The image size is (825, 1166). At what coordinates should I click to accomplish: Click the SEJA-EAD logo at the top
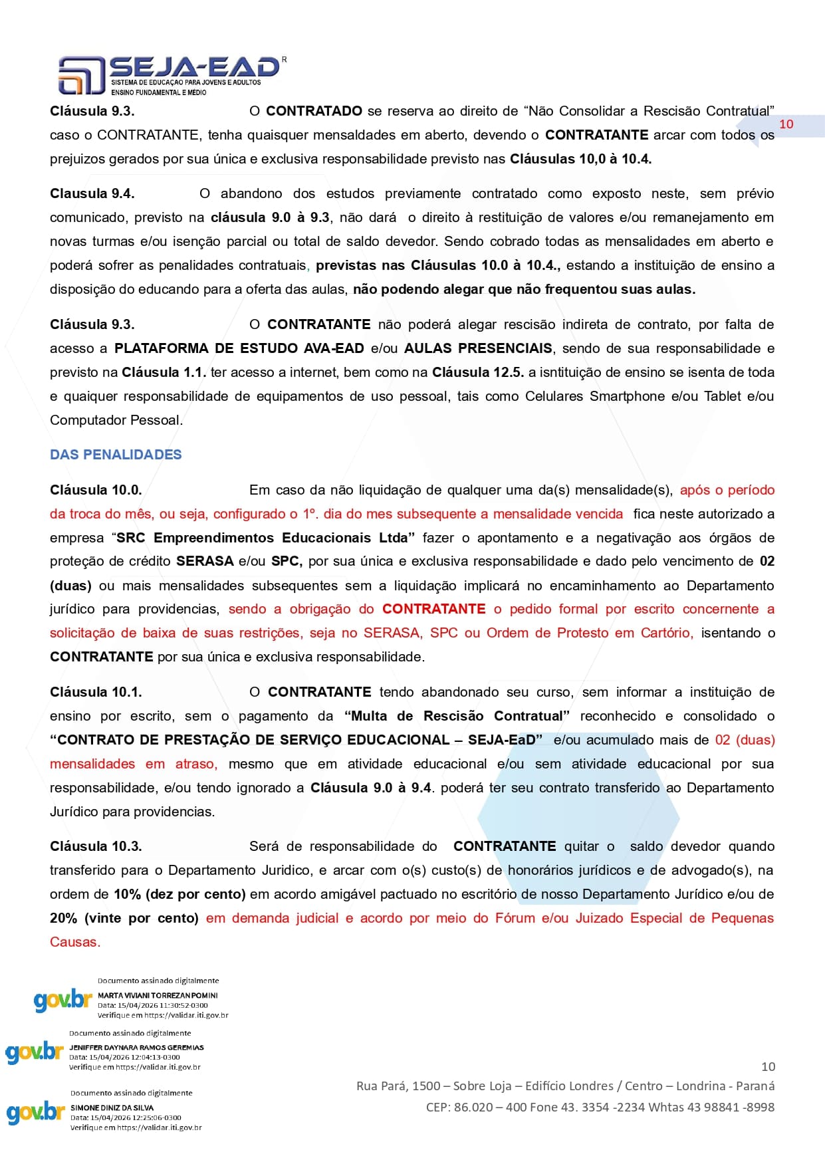(x=169, y=74)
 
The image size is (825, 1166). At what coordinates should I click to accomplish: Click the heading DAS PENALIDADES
(x=116, y=455)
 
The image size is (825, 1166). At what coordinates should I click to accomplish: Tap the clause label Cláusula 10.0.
(x=96, y=490)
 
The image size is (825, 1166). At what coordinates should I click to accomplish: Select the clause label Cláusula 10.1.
(x=96, y=692)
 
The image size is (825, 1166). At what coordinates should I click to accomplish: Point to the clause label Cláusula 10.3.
(x=96, y=846)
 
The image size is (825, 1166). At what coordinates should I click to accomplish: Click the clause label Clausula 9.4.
(x=92, y=193)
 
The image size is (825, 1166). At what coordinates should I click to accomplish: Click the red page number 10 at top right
(x=786, y=124)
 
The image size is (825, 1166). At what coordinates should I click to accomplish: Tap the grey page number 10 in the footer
(x=768, y=1066)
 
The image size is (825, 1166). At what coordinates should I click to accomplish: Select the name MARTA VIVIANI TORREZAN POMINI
(x=158, y=995)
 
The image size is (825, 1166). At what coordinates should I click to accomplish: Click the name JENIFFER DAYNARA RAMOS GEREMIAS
(x=136, y=1047)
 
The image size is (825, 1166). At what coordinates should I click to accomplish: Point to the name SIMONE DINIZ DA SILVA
(x=112, y=1108)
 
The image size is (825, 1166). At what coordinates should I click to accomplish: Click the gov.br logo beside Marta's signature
(x=62, y=1000)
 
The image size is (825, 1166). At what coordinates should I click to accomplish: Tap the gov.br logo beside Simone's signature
(x=35, y=1112)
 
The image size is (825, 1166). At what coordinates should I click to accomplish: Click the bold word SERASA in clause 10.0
(x=205, y=561)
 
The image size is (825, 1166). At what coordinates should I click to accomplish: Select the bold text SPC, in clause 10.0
(x=287, y=561)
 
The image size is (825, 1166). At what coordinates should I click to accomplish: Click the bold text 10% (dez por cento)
(x=179, y=894)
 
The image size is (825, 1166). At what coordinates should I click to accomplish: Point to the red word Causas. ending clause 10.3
(x=75, y=942)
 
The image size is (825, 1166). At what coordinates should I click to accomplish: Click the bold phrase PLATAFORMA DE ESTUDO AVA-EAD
(x=239, y=348)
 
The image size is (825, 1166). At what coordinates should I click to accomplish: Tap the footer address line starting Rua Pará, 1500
(x=565, y=1086)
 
